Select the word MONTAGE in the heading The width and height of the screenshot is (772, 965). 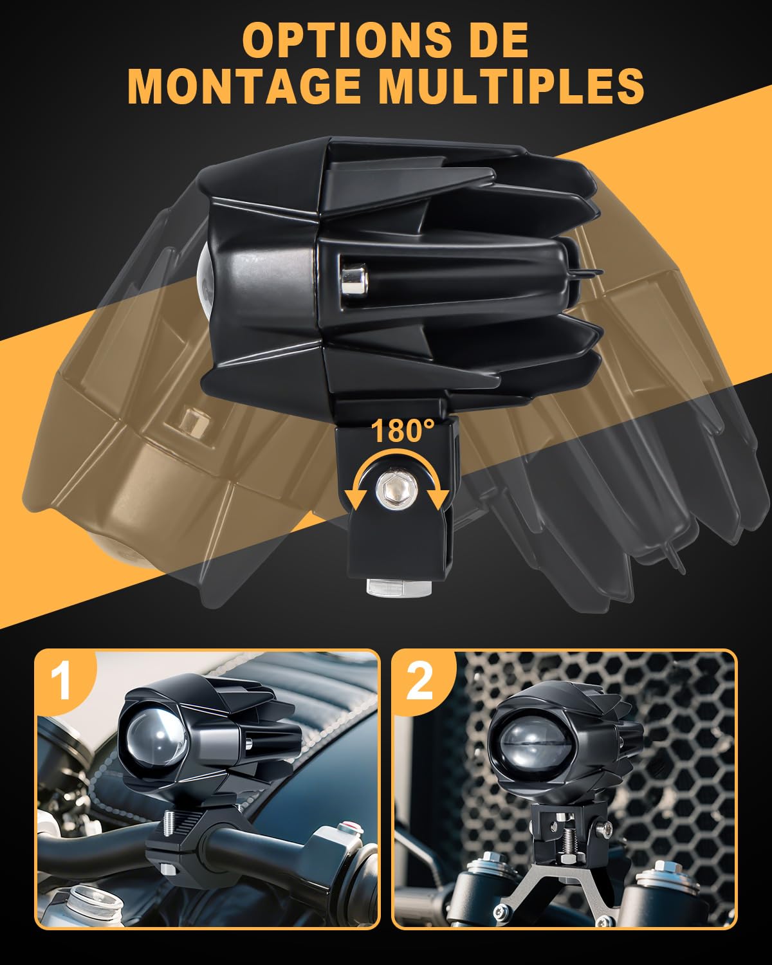[244, 86]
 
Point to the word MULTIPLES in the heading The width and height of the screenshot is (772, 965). [512, 86]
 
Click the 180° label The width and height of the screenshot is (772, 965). [402, 431]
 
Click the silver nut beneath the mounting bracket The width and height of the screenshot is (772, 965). [399, 588]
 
